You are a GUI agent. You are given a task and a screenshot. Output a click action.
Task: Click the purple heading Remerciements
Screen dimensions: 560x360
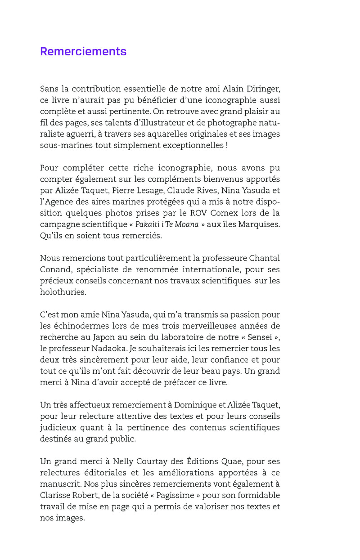point(83,52)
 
